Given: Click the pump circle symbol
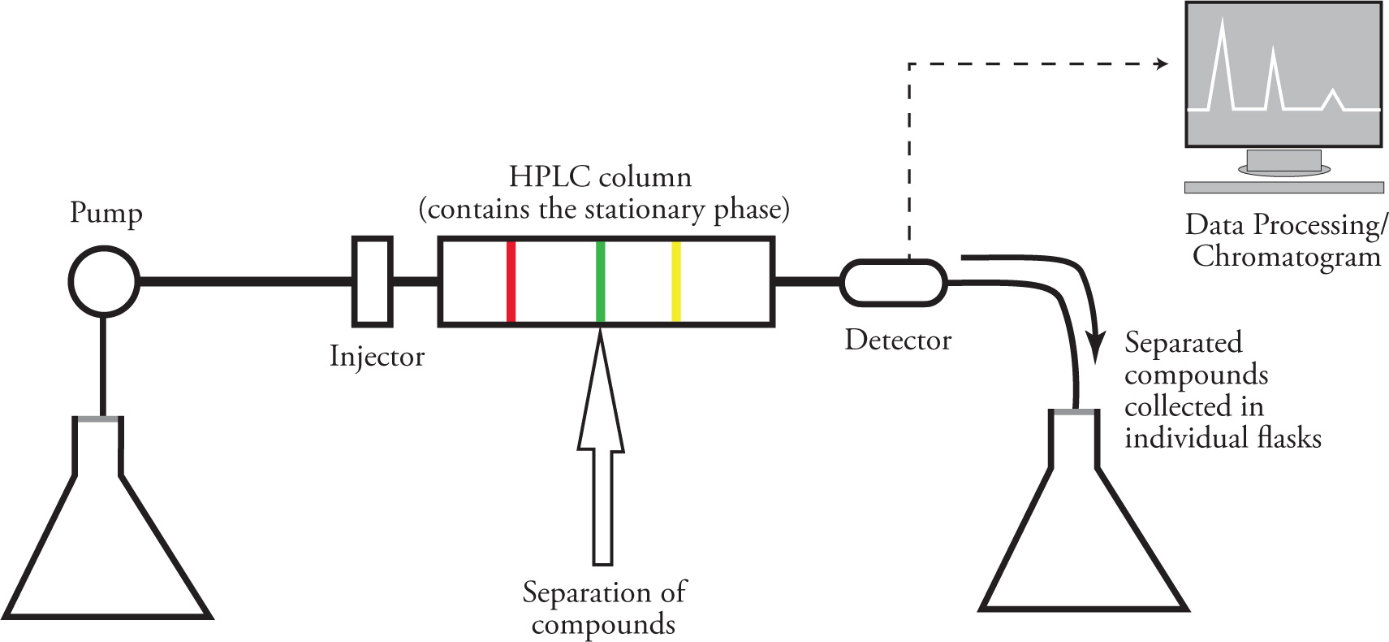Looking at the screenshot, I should [104, 281].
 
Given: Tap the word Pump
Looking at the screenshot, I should [106, 213].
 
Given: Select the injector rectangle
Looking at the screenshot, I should [373, 281].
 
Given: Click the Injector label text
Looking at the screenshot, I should [377, 356].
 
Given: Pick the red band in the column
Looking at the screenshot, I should [511, 281].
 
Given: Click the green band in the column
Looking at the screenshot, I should [601, 281].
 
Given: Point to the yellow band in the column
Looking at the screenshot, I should [676, 281].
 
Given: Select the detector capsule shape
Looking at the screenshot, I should [893, 282].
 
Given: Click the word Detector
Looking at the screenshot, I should [898, 340].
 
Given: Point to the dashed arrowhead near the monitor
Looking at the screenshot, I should [1162, 63].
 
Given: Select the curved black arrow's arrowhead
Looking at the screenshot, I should [1097, 347].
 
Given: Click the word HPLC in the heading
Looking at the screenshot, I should [547, 176].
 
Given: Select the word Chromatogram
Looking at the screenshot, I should [1287, 257].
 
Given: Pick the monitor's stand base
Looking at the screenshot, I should [1283, 187].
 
